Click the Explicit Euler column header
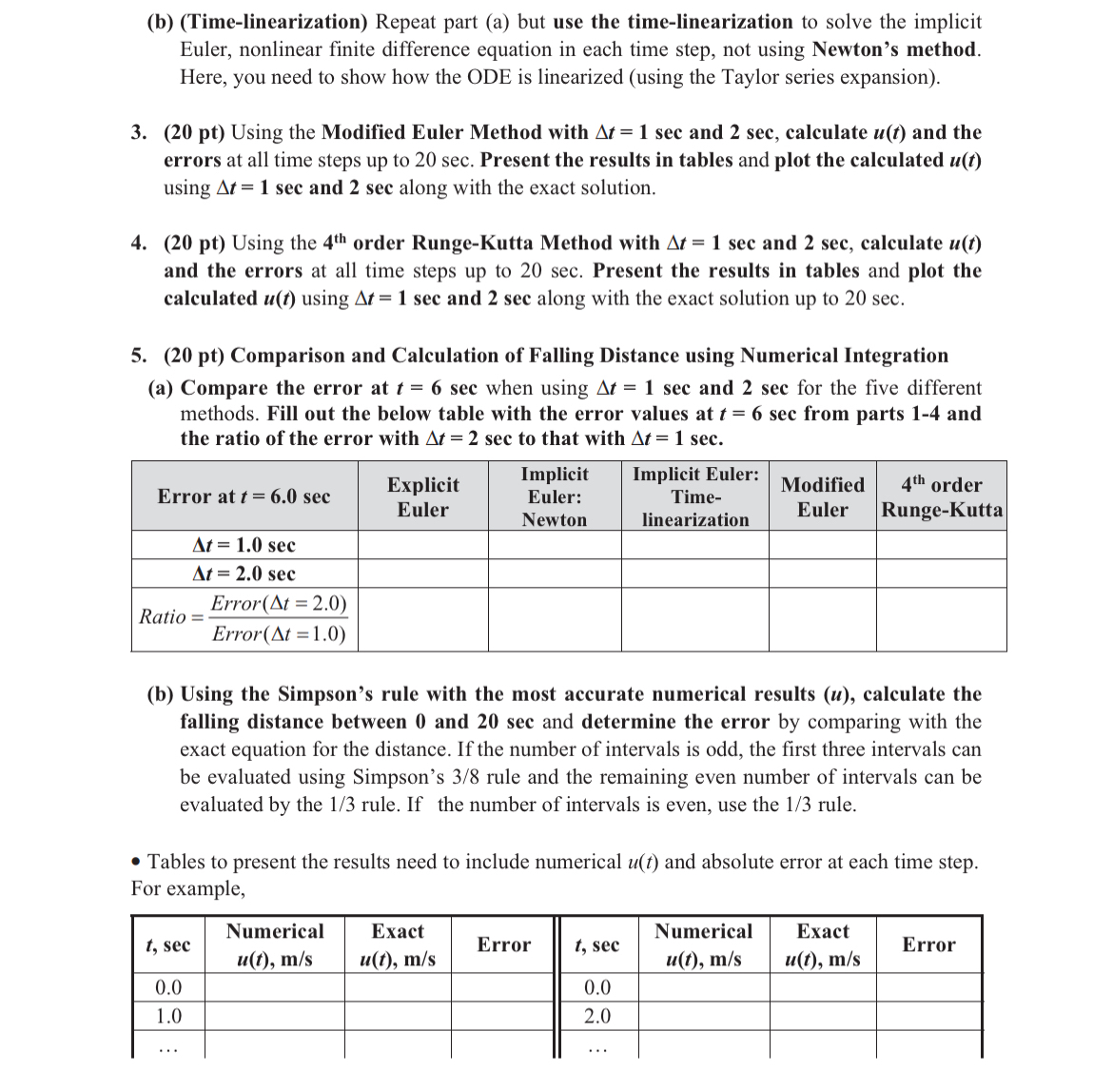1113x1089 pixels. point(422,496)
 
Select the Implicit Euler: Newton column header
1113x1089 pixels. point(555,496)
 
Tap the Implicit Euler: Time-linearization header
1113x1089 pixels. point(695,496)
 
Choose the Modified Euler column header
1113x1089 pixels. point(822,496)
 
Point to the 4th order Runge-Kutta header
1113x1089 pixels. point(942,496)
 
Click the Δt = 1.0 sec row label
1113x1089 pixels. point(244,545)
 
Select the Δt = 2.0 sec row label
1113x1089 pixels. point(244,574)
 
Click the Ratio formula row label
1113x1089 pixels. point(244,618)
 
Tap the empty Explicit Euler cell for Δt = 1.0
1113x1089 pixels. point(422,545)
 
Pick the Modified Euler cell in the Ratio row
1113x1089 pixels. point(822,618)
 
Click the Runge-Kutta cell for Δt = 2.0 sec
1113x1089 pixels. point(942,574)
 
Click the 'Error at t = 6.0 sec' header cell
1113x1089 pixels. point(244,496)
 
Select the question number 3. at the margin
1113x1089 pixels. point(139,132)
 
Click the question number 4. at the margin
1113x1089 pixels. point(139,243)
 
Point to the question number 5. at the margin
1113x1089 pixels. point(139,356)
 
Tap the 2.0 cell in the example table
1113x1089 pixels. point(596,1016)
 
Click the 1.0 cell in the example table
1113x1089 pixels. point(168,1016)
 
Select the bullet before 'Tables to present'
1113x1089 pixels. point(138,863)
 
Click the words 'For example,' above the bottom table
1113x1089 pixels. point(187,889)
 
